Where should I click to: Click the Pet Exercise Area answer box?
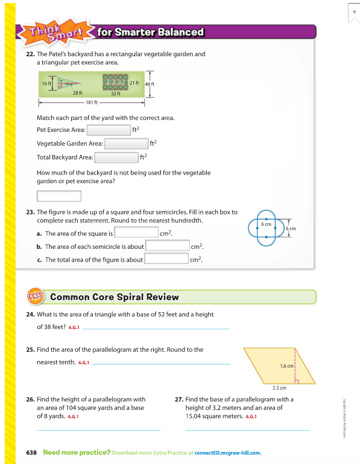coord(109,130)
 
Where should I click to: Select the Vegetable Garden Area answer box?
coord(127,143)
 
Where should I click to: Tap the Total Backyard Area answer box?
coord(116,157)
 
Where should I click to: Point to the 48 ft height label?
coord(150,84)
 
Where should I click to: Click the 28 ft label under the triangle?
coord(78,93)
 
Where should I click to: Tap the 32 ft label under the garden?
coord(116,93)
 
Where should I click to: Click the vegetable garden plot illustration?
coord(115,82)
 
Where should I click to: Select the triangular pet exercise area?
coord(66,83)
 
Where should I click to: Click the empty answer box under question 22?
coord(59,196)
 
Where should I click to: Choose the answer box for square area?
coord(136,232)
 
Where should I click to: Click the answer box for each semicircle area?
coord(168,245)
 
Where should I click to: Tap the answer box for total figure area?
coord(166,259)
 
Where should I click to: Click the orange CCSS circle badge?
coord(36,296)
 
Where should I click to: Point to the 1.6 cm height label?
coord(286,366)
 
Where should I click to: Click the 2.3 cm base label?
coord(279,388)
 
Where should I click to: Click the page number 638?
coord(31,453)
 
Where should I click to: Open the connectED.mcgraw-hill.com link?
coord(228,453)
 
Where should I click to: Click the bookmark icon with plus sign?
coord(354,13)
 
